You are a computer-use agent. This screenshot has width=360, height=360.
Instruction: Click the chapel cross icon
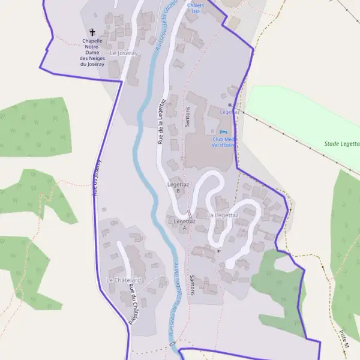(x=92, y=31)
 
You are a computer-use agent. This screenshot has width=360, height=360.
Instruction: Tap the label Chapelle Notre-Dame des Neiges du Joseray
(x=92, y=52)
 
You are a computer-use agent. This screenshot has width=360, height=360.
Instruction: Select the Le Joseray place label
(x=124, y=53)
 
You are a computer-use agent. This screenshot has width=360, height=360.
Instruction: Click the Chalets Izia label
(x=195, y=8)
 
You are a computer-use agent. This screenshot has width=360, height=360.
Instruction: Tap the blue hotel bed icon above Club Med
(x=224, y=132)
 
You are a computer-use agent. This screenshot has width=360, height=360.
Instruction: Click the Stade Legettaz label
(x=341, y=144)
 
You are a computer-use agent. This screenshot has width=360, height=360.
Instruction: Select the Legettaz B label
(x=178, y=187)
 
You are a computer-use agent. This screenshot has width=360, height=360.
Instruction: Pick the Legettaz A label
(x=184, y=224)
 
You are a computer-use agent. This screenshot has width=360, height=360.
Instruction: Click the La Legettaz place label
(x=223, y=215)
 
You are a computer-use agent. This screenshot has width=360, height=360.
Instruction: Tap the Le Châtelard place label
(x=124, y=280)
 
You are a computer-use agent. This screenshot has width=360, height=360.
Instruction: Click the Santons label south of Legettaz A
(x=192, y=285)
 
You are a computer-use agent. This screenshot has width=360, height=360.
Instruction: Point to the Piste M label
(x=343, y=339)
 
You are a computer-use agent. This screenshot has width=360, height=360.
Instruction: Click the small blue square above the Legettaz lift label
(x=230, y=105)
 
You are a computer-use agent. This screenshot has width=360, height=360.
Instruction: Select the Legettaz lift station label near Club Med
(x=230, y=112)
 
